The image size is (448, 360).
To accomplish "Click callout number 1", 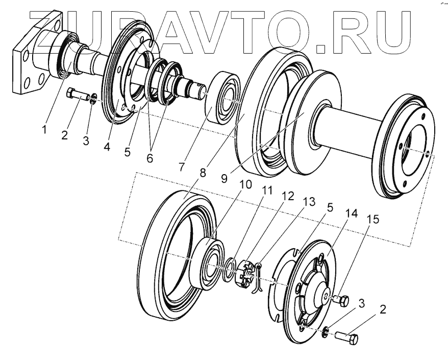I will coord(44,130).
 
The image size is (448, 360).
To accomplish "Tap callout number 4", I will coord(107,147).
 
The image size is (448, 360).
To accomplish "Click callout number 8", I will coord(204,173).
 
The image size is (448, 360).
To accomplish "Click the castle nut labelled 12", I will coord(244,271).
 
